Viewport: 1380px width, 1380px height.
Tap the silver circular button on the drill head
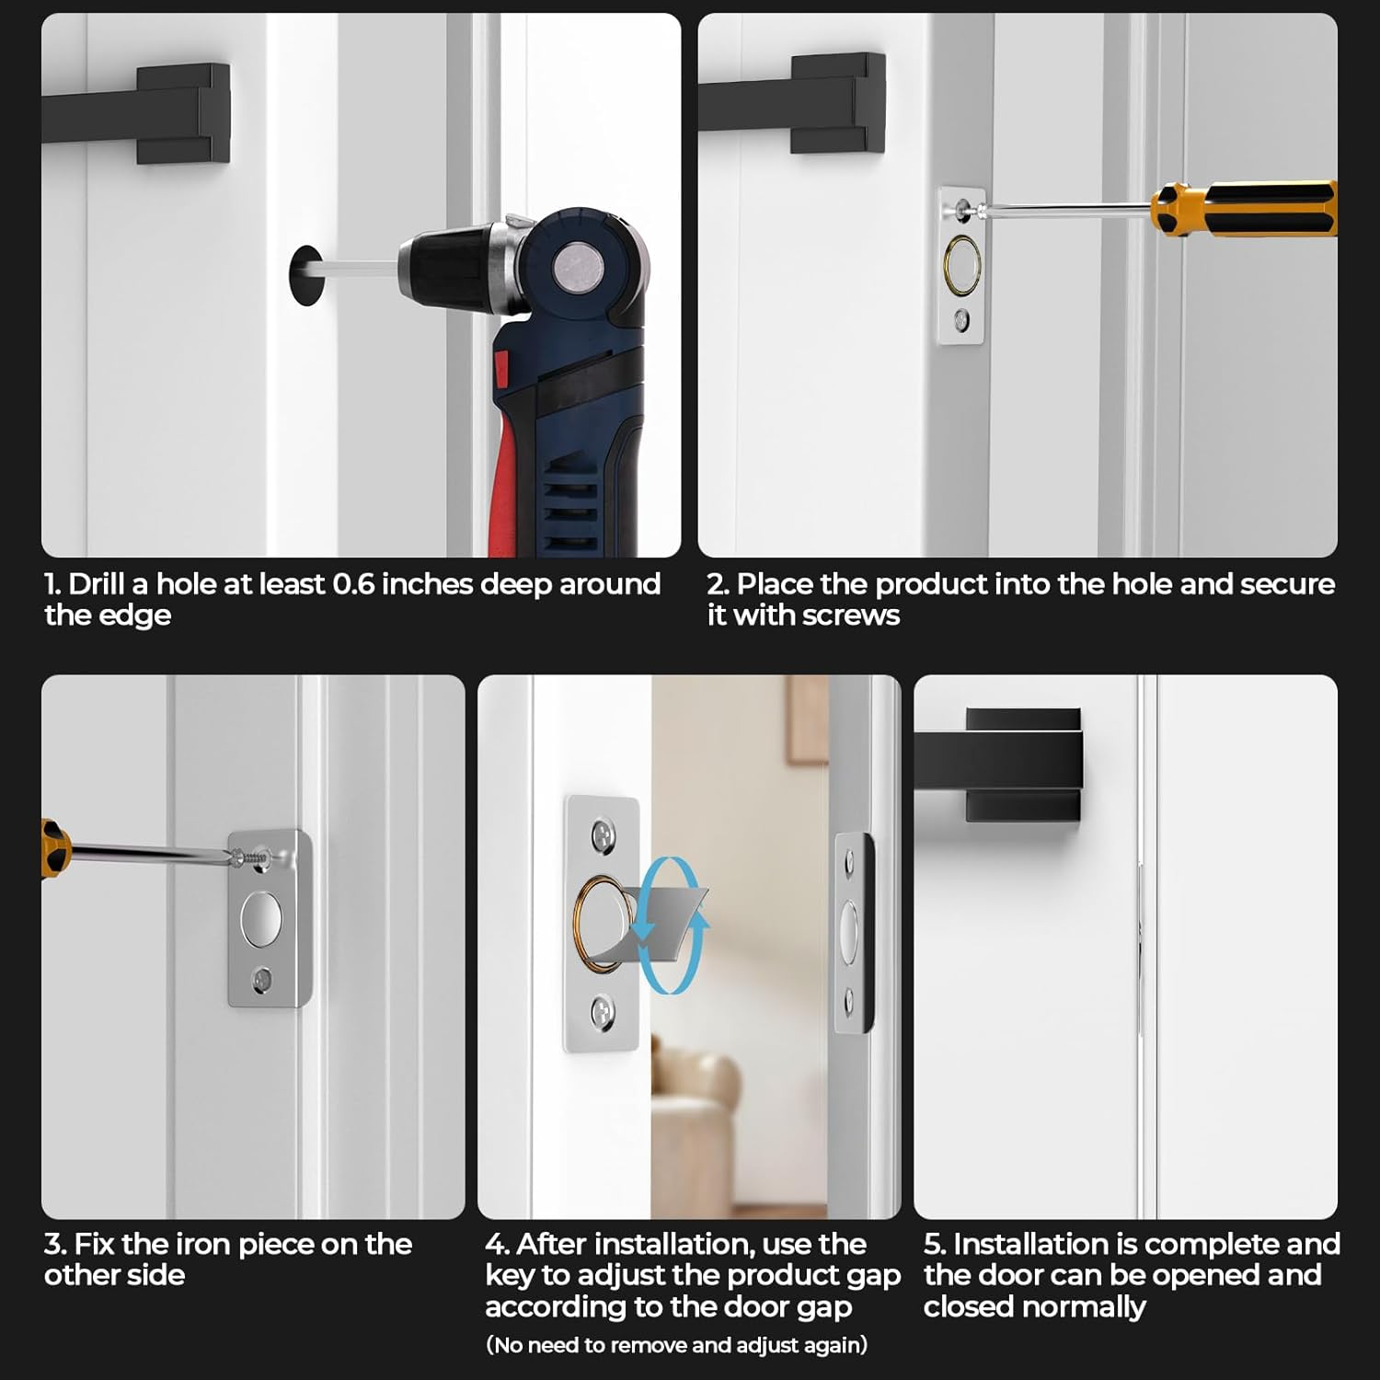click(x=575, y=268)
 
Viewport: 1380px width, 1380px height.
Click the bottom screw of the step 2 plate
click(x=961, y=320)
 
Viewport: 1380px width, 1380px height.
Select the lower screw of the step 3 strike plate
click(x=263, y=980)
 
